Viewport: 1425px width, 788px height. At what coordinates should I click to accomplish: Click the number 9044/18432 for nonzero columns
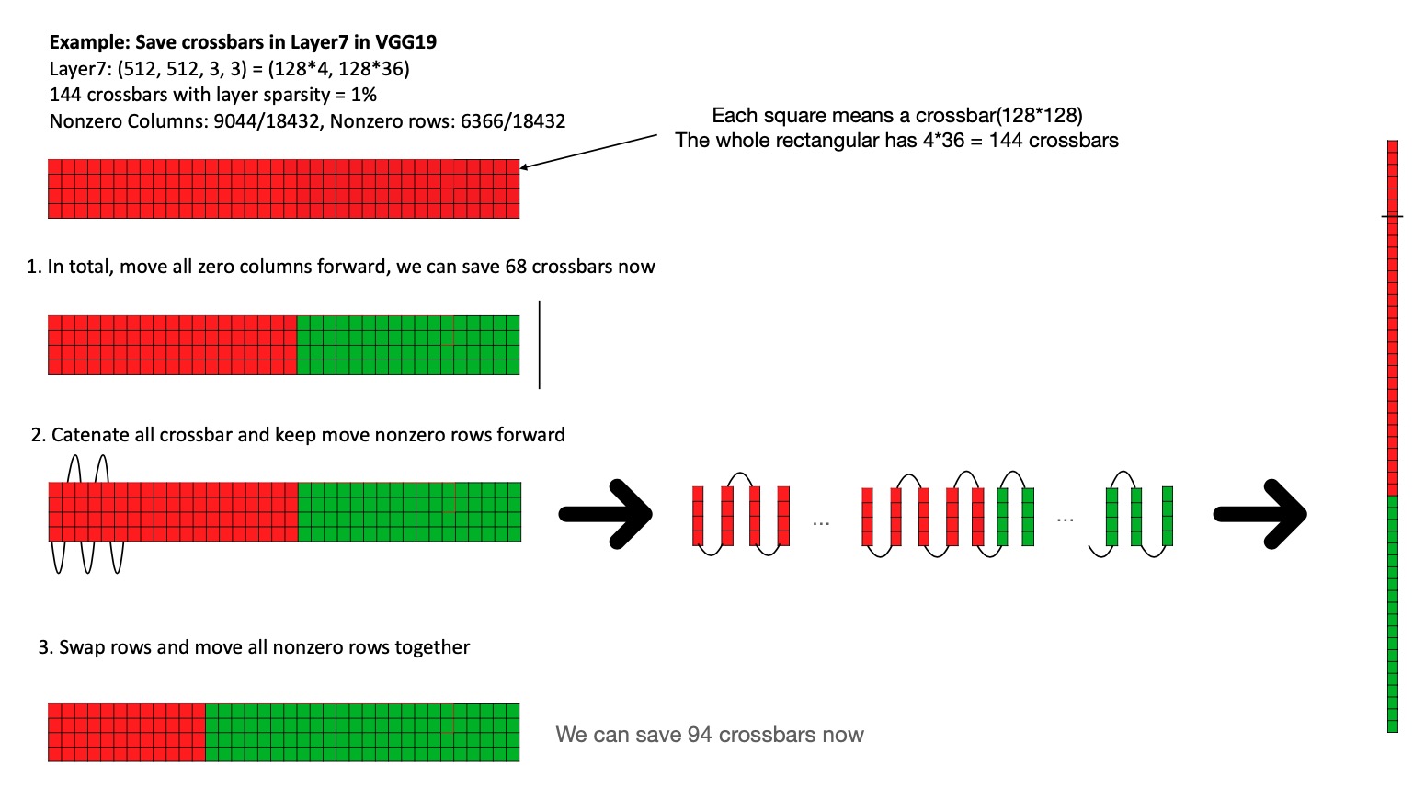(269, 121)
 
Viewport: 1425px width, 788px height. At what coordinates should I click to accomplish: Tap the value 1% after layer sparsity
(364, 95)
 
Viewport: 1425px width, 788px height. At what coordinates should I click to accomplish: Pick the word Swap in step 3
(78, 647)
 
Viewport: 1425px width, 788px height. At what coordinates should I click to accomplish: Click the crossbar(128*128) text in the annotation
(1011, 116)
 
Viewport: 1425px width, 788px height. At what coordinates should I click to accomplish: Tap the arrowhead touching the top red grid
(525, 166)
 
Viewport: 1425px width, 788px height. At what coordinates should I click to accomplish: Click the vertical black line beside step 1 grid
(540, 345)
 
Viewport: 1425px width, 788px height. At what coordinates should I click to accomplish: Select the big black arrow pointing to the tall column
(1260, 514)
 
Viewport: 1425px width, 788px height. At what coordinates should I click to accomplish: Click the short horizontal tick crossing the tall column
(1393, 216)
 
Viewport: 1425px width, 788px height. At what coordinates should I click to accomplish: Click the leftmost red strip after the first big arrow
(698, 516)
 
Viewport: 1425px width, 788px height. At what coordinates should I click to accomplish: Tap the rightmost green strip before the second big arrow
(1168, 516)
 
